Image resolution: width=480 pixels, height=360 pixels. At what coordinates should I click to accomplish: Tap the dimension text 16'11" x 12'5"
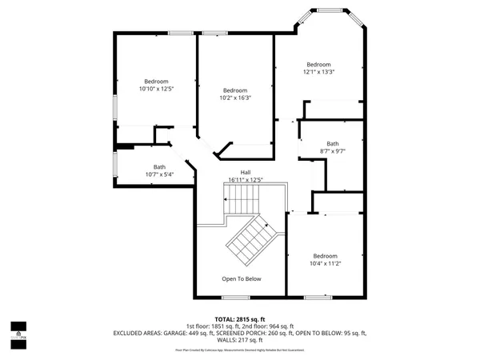pos(246,180)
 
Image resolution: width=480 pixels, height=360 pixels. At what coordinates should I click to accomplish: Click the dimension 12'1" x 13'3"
pos(318,72)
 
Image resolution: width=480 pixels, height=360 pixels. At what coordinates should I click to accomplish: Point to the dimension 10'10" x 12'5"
pos(156,89)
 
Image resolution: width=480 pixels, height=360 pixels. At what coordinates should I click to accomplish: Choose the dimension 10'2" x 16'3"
pos(235,98)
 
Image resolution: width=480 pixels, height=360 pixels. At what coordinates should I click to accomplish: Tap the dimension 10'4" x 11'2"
pos(326,263)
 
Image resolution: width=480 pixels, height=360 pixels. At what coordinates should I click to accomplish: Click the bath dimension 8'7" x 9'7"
pos(332,151)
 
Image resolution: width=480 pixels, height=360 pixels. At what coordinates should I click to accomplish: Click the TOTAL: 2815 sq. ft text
pos(240,318)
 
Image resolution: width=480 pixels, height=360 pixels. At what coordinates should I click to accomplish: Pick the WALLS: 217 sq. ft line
pos(240,340)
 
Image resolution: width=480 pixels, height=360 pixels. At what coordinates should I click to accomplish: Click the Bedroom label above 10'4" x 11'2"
pos(326,255)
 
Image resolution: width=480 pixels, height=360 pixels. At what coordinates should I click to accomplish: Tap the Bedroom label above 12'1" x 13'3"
pos(318,64)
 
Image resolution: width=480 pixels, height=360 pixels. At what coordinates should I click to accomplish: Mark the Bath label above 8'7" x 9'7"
pos(332,143)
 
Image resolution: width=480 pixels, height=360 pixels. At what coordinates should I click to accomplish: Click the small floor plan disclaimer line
pos(240,350)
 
